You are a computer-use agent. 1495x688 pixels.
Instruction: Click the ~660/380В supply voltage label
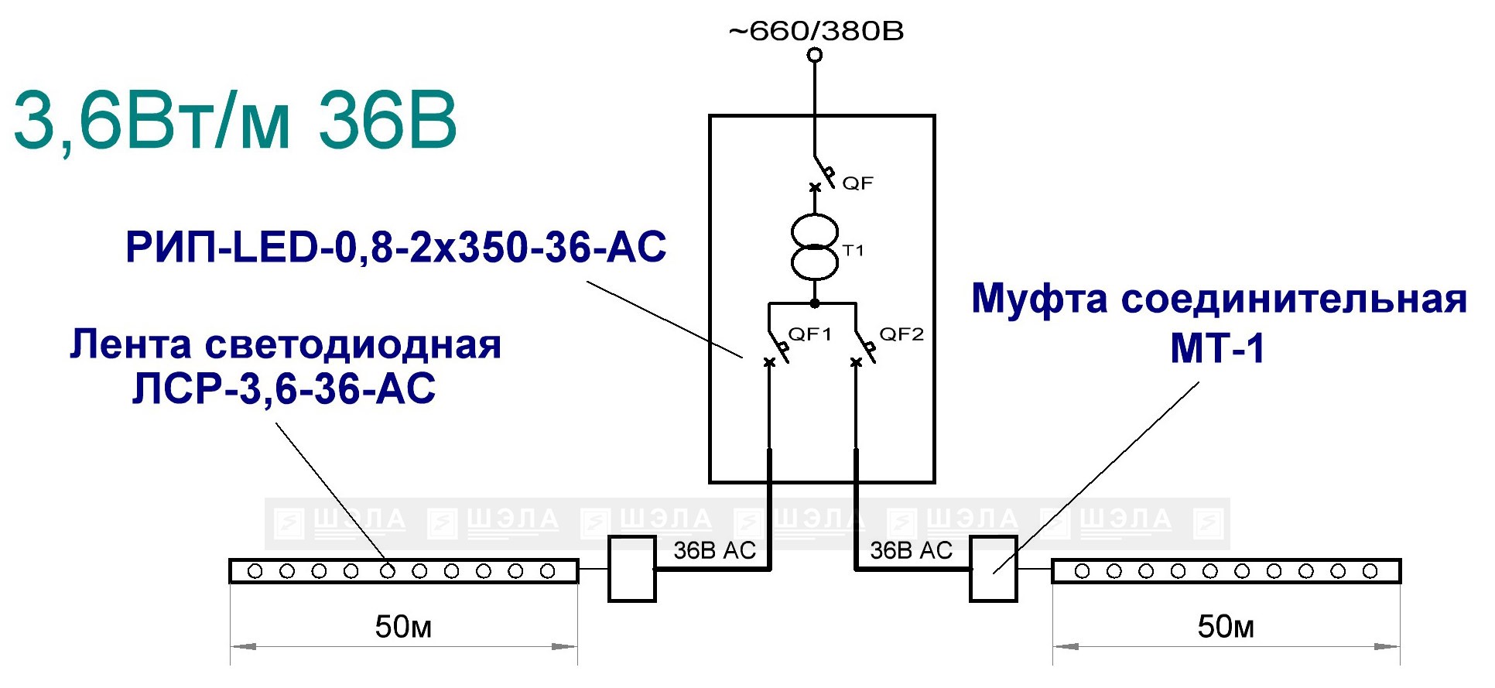pyautogui.click(x=816, y=31)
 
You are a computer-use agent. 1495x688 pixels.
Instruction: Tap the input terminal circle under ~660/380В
pyautogui.click(x=815, y=55)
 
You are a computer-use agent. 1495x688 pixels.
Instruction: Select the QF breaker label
pyautogui.click(x=857, y=183)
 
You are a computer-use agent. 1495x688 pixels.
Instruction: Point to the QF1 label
pyautogui.click(x=809, y=334)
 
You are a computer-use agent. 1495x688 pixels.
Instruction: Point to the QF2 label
pyautogui.click(x=901, y=334)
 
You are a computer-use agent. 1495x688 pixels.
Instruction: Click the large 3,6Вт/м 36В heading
pyautogui.click(x=235, y=121)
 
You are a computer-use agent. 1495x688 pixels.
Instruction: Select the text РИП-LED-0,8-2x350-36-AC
pyautogui.click(x=395, y=248)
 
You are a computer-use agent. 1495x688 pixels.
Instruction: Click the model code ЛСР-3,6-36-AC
pyautogui.click(x=284, y=388)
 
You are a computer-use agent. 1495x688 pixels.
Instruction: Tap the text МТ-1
pyautogui.click(x=1217, y=348)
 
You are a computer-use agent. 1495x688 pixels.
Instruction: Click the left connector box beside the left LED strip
pyautogui.click(x=632, y=569)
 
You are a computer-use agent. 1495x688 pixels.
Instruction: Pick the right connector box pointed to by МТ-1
pyautogui.click(x=994, y=569)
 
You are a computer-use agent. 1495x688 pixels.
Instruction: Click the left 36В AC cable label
pyautogui.click(x=714, y=550)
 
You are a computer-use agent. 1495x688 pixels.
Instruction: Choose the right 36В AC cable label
pyautogui.click(x=911, y=550)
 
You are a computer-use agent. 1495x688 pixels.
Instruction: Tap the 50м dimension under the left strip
pyautogui.click(x=403, y=627)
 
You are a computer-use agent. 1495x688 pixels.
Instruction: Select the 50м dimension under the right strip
pyautogui.click(x=1226, y=627)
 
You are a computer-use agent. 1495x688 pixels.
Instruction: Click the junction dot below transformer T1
pyautogui.click(x=815, y=303)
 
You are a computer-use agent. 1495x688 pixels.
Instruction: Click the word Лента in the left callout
pyautogui.click(x=131, y=344)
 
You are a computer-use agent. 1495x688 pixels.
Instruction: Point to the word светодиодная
pyautogui.click(x=353, y=345)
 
